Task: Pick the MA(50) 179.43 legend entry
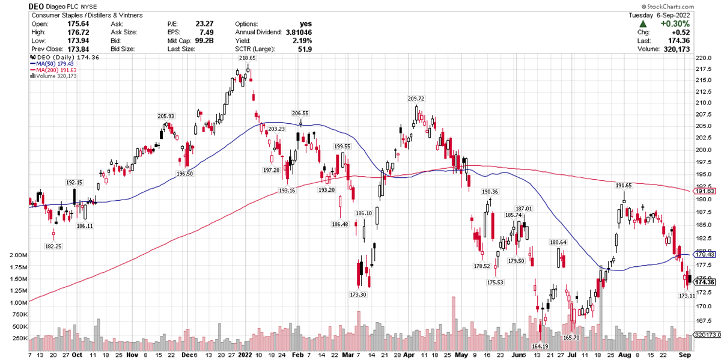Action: [x=51, y=64]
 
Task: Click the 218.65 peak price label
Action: [x=247, y=58]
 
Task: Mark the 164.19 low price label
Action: [x=540, y=346]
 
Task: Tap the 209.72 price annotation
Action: [x=416, y=99]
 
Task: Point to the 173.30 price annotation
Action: [x=357, y=294]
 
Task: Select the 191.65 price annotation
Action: [x=623, y=186]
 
